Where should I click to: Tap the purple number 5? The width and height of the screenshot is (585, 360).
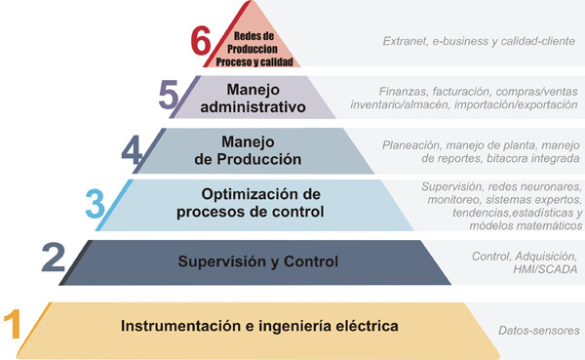pos(168,97)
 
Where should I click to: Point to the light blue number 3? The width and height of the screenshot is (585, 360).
pos(95,204)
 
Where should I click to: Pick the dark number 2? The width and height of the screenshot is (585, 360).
pos(55,260)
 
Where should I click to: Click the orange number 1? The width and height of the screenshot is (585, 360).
pos(13,323)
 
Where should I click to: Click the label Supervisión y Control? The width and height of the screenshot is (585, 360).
pos(257,260)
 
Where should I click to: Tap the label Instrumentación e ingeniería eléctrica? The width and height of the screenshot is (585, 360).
pos(259,324)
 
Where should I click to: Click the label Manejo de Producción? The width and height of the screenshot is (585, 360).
pos(254,149)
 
